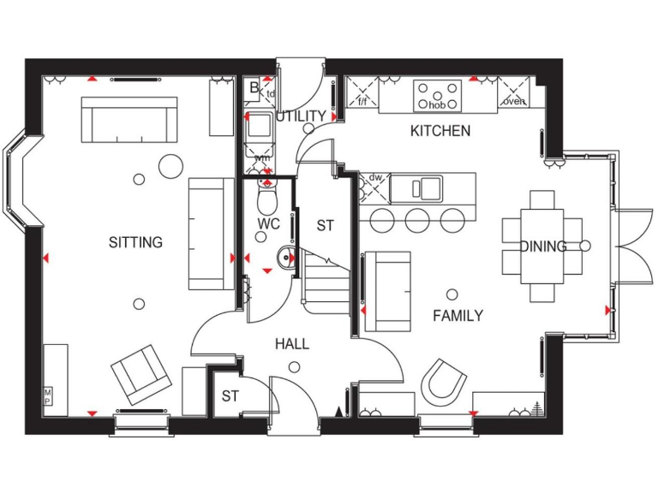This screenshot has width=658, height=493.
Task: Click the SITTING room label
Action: click(135, 242)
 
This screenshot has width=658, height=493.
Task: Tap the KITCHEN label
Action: click(440, 131)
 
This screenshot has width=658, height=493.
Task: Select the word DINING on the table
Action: click(542, 246)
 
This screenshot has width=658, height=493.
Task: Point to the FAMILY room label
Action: click(457, 316)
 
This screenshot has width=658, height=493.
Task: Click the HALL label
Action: click(292, 344)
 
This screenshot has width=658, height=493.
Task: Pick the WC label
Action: click(269, 224)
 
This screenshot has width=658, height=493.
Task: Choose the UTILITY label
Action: click(301, 116)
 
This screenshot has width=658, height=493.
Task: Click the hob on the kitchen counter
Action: click(437, 95)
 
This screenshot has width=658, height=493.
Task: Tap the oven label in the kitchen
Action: click(514, 101)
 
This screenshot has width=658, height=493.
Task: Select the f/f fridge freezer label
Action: click(362, 101)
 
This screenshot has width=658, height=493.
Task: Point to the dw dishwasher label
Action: click(376, 179)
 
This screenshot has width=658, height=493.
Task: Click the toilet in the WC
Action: click(267, 200)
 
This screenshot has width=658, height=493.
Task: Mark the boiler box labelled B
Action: click(254, 86)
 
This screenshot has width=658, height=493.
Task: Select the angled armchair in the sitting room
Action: click(141, 373)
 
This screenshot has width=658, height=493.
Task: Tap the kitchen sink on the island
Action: click(421, 187)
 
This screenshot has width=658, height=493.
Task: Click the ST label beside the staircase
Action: click(325, 226)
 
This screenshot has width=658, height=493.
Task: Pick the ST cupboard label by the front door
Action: click(230, 396)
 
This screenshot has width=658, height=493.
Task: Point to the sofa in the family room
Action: click(387, 291)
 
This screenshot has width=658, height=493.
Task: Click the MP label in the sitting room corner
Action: click(48, 397)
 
